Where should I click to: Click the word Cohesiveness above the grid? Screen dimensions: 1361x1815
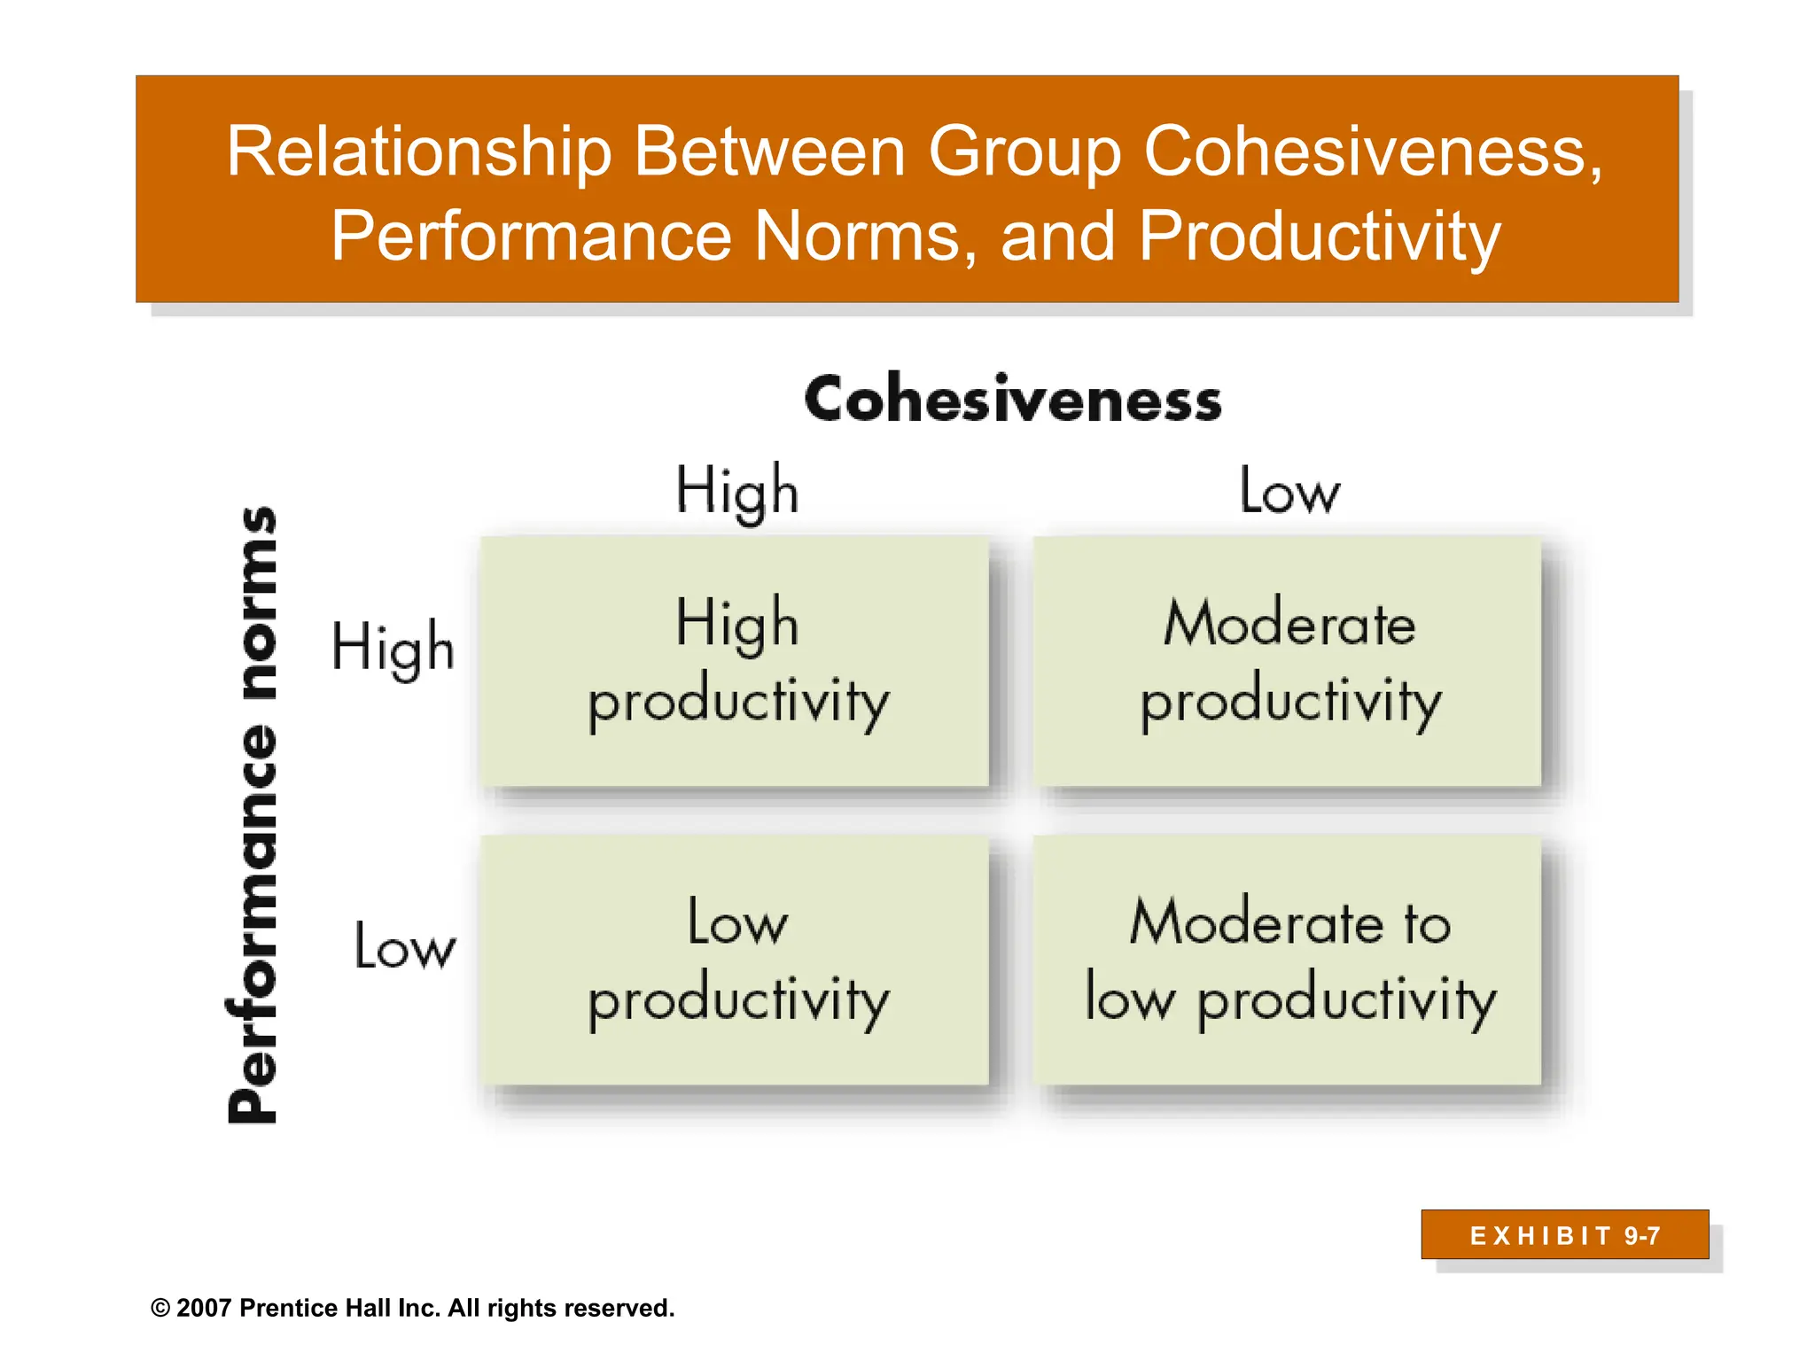tap(1012, 399)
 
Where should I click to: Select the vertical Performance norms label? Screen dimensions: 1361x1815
tap(253, 815)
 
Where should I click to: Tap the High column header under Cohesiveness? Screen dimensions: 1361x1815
tap(736, 490)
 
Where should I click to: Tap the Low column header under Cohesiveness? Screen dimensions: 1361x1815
tap(1289, 490)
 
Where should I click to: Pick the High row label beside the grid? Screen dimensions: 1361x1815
tap(393, 647)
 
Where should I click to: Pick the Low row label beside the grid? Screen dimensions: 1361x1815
tap(405, 945)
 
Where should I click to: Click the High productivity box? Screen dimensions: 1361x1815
tap(735, 661)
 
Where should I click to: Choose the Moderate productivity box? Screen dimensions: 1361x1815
tap(1288, 661)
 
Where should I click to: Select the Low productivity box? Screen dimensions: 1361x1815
tap(735, 960)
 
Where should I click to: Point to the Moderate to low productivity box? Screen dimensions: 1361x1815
tap(1288, 960)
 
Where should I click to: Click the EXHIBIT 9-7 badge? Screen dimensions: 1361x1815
tap(1564, 1235)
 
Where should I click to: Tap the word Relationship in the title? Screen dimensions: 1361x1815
tap(418, 152)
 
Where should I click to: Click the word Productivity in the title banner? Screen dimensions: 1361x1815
tap(1319, 236)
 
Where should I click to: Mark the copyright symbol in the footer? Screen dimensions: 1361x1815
tap(160, 1309)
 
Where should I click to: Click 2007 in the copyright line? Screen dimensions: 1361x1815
tap(204, 1309)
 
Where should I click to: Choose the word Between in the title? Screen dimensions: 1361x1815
tap(768, 152)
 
